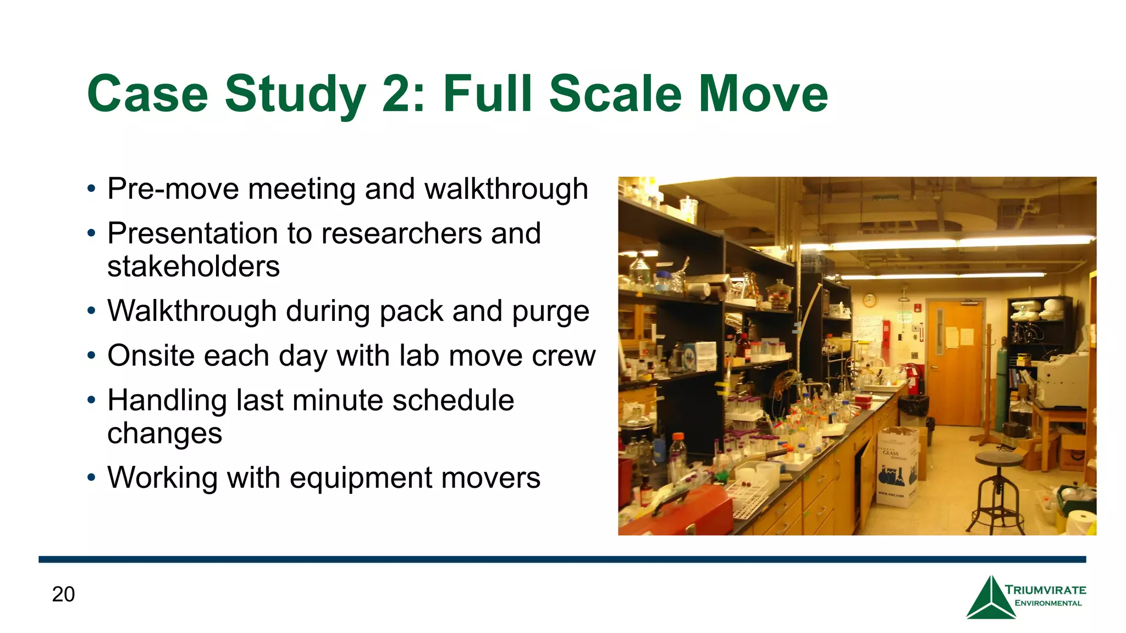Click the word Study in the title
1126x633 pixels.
[295, 95]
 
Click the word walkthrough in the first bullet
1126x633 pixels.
[506, 189]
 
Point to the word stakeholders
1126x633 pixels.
[194, 266]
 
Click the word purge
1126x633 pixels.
[550, 312]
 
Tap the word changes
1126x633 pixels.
[164, 434]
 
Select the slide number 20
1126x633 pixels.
[63, 594]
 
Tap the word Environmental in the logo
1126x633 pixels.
[1047, 603]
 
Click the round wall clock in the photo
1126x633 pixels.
[869, 300]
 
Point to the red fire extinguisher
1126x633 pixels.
[912, 379]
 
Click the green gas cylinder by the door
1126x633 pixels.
[1002, 385]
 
